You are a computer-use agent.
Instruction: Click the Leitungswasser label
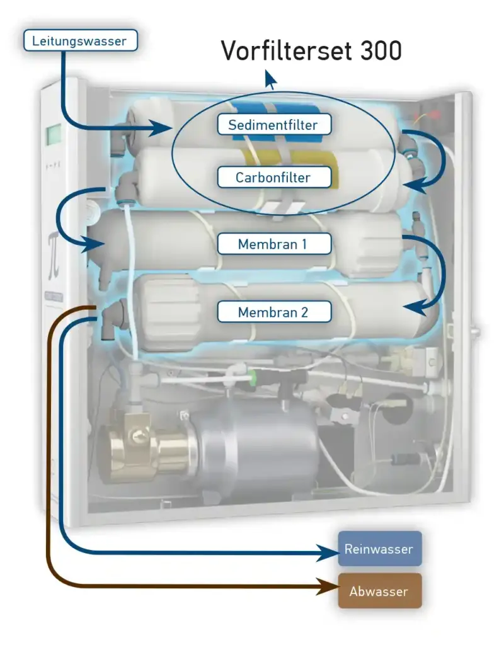pos(79,42)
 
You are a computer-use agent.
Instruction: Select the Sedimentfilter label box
pos(273,124)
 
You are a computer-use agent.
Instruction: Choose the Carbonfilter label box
pos(273,177)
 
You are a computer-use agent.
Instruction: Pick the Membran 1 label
pos(273,244)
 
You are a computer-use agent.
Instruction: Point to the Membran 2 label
pos(273,311)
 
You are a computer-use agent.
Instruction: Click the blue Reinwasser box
pos(379,549)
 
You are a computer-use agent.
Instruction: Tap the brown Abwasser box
pos(379,591)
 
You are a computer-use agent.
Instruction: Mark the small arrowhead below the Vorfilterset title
pos(270,80)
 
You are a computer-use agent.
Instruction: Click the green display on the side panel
pos(54,134)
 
